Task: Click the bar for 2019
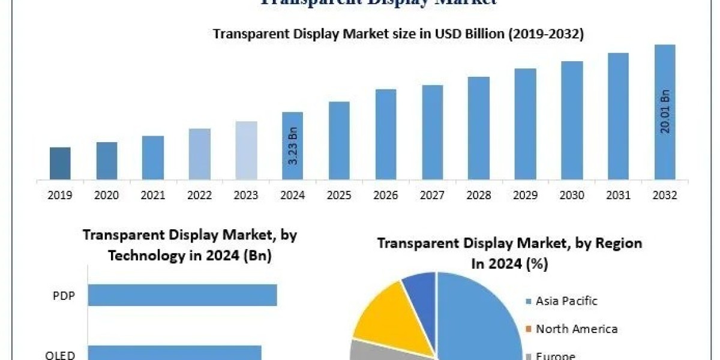(60, 163)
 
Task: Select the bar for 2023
(246, 150)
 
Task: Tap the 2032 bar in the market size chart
(665, 112)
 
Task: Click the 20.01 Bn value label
(665, 112)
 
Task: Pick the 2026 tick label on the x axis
(385, 195)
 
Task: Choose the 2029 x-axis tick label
(525, 195)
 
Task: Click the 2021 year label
(153, 195)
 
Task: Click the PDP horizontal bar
(182, 295)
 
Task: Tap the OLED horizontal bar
(175, 353)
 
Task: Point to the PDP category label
(64, 295)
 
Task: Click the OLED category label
(60, 355)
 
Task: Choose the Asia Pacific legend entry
(566, 301)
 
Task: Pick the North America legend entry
(576, 329)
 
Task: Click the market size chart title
(398, 34)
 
